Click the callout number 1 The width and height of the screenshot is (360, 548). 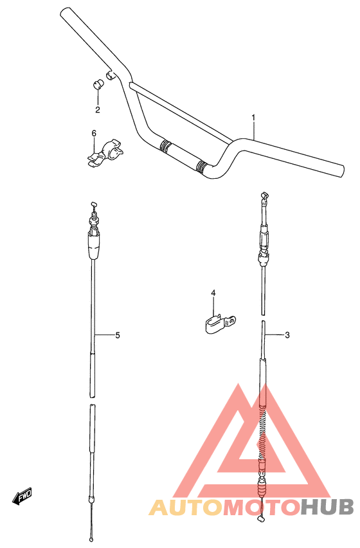coord(253,117)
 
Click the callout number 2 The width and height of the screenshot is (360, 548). coord(98,110)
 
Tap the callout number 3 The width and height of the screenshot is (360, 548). coord(287,335)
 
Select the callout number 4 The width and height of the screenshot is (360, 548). coord(213,293)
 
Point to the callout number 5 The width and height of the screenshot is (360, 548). coord(118,335)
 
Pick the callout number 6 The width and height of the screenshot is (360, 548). coord(94,133)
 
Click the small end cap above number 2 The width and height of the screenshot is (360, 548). coord(98,84)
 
